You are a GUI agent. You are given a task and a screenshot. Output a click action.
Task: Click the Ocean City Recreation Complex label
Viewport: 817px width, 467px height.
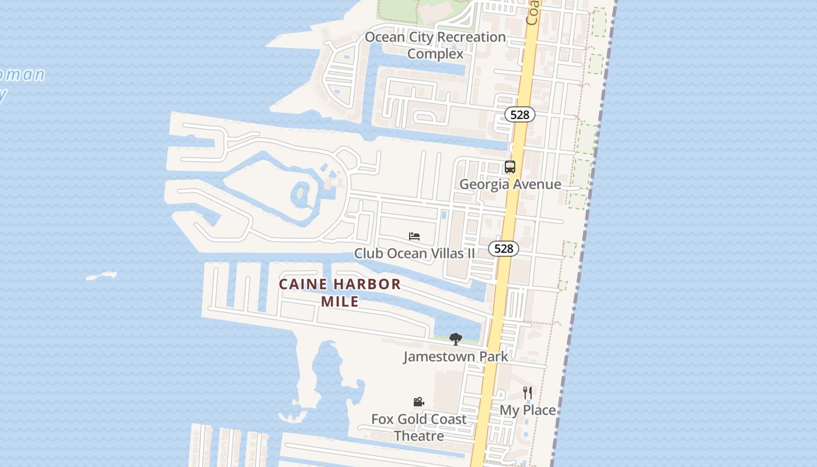tap(435, 45)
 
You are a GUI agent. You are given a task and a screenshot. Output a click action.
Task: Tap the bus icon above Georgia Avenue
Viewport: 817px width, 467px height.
tap(510, 167)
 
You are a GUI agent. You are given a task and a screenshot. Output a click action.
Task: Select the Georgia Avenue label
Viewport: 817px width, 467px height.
tap(510, 184)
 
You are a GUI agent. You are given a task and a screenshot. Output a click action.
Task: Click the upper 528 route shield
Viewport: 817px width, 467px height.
tap(519, 114)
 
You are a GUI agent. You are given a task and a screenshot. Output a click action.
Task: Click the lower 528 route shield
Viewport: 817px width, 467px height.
tap(503, 249)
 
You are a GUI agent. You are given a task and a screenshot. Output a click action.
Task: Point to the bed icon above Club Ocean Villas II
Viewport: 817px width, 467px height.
tap(414, 236)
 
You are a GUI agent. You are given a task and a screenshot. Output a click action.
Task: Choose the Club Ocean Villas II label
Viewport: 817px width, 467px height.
tap(414, 253)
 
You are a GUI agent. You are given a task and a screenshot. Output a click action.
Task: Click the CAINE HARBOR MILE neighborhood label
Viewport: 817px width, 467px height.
tap(340, 292)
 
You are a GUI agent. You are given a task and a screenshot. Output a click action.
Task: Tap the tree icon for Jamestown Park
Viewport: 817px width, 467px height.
tap(455, 339)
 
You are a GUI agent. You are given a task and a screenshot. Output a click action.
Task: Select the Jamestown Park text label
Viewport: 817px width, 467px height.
tap(455, 356)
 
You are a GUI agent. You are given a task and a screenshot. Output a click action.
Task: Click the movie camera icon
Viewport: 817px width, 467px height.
tap(418, 402)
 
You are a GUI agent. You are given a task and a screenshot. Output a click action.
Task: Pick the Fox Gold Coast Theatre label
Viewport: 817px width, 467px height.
tap(419, 427)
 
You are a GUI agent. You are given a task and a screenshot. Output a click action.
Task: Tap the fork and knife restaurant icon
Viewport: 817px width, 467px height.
tap(527, 393)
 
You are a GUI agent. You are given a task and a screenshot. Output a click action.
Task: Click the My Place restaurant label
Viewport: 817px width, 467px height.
tap(527, 410)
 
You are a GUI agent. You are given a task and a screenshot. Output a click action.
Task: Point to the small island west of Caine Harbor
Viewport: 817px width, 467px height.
tap(102, 276)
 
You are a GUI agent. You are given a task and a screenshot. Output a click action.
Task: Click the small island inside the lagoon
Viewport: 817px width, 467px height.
tap(301, 192)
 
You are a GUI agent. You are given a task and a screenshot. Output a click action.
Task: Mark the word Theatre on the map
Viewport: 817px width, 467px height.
tap(419, 436)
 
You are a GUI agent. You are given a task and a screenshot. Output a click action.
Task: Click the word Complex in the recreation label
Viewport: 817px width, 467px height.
tap(435, 54)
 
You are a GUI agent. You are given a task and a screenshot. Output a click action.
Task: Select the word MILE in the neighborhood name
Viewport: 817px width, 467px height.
tap(340, 302)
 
